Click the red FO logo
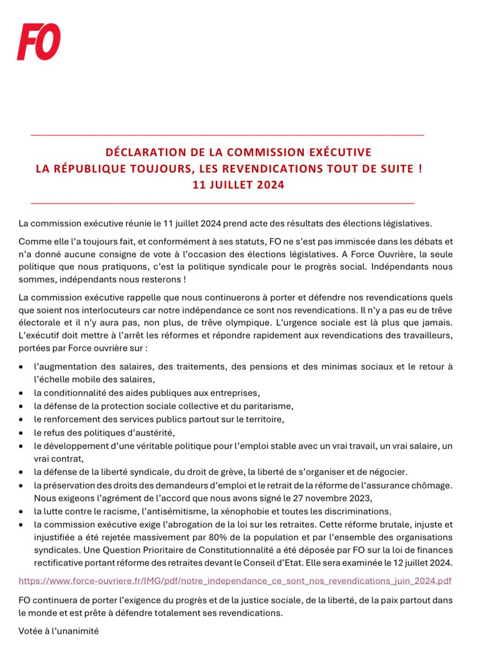(39, 42)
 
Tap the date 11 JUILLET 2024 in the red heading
(238, 185)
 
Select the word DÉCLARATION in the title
(144, 152)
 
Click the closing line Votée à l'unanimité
(58, 631)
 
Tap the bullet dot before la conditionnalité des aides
(21, 393)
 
